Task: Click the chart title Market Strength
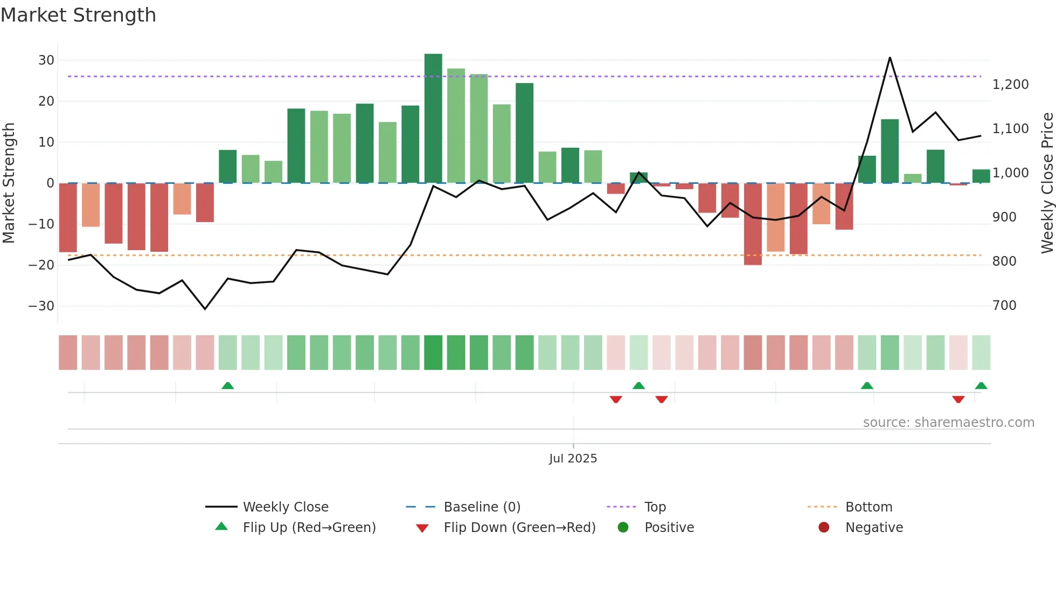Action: pyautogui.click(x=78, y=15)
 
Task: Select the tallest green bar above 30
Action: pyautogui.click(x=433, y=119)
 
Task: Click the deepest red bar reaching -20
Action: pyautogui.click(x=753, y=224)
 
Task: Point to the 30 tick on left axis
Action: pyautogui.click(x=46, y=60)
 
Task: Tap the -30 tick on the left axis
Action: pyautogui.click(x=41, y=306)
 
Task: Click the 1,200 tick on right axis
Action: pyautogui.click(x=1010, y=85)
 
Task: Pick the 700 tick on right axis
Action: pyautogui.click(x=1004, y=306)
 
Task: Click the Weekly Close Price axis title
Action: pyautogui.click(x=1047, y=183)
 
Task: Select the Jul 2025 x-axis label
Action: pyautogui.click(x=573, y=459)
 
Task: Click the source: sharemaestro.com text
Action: pyautogui.click(x=948, y=423)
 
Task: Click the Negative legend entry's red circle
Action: pyautogui.click(x=824, y=528)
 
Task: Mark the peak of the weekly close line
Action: pyautogui.click(x=890, y=58)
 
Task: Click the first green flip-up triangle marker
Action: pyautogui.click(x=228, y=386)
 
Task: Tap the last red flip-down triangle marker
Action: pyautogui.click(x=958, y=399)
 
